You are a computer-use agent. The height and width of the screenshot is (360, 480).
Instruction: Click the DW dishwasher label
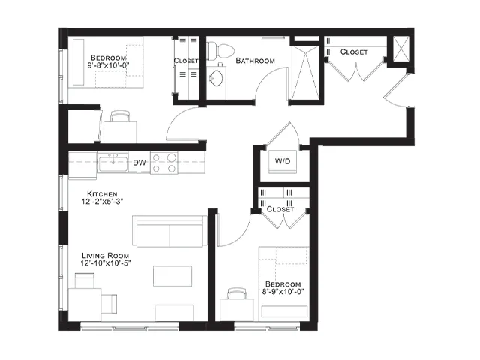139,163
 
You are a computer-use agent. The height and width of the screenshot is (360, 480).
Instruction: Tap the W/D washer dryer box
283,162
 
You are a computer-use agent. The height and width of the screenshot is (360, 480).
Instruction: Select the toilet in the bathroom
220,51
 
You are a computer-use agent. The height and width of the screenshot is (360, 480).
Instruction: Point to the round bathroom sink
217,78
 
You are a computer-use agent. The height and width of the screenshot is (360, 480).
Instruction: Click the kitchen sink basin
113,163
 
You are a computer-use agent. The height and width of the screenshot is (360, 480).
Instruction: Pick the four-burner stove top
163,163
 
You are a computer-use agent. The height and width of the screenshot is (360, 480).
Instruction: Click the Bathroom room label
255,61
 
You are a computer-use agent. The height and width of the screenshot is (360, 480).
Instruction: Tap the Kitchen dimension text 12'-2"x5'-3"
102,202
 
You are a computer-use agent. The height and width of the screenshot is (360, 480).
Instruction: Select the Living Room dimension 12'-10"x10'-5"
106,263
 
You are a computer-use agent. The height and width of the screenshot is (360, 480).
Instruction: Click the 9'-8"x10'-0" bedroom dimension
108,65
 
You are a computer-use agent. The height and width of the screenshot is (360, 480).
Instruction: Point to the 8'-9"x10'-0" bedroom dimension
283,292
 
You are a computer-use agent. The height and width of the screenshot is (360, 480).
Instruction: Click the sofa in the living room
170,231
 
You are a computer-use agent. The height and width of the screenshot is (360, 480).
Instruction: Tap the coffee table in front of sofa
172,276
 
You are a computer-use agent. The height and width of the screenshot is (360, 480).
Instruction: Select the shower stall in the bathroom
305,73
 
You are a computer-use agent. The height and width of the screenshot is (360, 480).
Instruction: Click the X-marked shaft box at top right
400,49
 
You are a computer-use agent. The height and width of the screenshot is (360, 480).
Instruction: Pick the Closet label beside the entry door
354,52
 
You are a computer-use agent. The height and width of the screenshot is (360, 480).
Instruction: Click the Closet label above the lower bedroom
280,209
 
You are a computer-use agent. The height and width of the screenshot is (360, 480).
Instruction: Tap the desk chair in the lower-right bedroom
237,293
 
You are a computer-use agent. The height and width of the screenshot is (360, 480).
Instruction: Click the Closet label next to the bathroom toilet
186,61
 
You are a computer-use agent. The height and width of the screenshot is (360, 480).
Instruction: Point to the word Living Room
105,256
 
